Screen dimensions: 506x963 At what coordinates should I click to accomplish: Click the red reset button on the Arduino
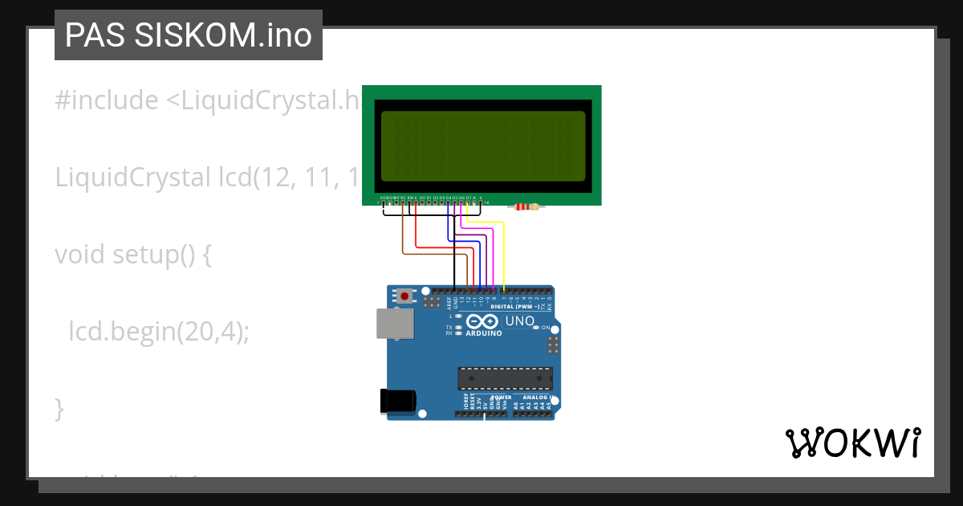click(404, 296)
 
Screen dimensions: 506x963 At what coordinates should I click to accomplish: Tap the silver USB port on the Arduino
click(396, 324)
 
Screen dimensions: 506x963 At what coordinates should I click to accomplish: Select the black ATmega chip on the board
click(505, 377)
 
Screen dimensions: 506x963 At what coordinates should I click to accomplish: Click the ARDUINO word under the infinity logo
click(483, 333)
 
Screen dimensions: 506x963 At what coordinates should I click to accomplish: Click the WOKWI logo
click(852, 443)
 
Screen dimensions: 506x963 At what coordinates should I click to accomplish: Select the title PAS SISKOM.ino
click(189, 35)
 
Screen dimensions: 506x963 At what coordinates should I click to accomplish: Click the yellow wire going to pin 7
click(504, 257)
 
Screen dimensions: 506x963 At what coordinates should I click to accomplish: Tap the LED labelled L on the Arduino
click(458, 316)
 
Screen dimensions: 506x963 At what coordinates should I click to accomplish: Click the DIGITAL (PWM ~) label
click(513, 307)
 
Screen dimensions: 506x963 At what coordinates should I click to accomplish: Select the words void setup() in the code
click(132, 255)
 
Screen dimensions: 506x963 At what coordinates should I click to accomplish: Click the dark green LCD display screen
click(482, 145)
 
